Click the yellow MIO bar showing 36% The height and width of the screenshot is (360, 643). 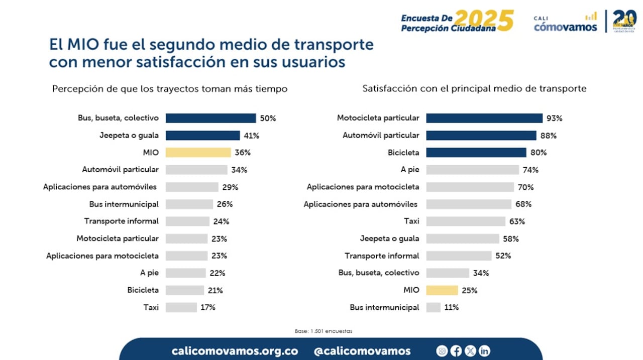[x=198, y=153]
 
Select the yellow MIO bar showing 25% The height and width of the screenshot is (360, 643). [x=442, y=290]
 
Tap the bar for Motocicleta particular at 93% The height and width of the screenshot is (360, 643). [x=484, y=118]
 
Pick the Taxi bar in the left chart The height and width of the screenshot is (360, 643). [x=181, y=307]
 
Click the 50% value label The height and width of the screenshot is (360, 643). [x=268, y=118]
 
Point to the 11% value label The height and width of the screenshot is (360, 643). [x=451, y=307]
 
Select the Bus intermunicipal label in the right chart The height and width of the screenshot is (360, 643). [x=384, y=307]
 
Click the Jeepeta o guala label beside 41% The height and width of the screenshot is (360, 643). [x=129, y=136]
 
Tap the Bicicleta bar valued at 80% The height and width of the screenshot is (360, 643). [x=476, y=153]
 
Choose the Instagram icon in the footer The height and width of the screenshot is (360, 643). [x=442, y=351]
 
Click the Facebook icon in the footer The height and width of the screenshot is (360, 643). [x=456, y=351]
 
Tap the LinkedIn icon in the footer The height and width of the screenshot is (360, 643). [x=484, y=351]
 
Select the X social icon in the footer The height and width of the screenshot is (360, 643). [x=470, y=351]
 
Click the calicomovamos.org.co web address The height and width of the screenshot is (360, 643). [x=235, y=351]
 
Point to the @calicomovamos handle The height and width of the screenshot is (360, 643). [x=362, y=351]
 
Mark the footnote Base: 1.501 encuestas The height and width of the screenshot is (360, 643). [x=324, y=331]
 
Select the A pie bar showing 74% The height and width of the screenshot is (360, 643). [x=472, y=170]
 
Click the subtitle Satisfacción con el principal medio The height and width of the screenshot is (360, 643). [x=474, y=89]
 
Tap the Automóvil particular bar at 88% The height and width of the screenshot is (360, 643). [x=481, y=136]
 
